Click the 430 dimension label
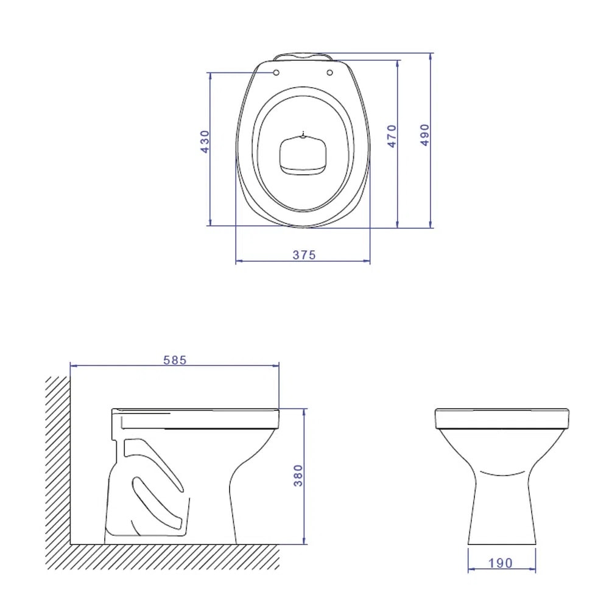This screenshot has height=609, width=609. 205,141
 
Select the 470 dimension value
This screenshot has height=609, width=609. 392,136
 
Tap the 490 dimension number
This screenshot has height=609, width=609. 424,135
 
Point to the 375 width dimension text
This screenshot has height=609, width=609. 304,255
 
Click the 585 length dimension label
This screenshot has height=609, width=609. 175,360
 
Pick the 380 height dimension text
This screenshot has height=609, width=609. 298,476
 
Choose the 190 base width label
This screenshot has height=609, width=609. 501,563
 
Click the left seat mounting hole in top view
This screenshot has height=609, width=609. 276,73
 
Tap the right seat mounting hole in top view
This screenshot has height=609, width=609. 330,73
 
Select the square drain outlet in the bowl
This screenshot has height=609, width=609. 303,155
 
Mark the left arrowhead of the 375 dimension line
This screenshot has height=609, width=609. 239,261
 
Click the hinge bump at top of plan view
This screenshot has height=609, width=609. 303,57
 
